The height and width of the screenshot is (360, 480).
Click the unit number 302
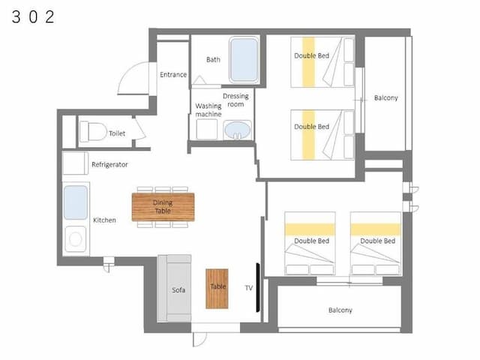pos(33,16)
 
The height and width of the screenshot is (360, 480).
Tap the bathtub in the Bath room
pos(244,60)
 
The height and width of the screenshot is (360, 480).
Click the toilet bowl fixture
pos(93,132)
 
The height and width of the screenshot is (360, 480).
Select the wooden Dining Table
pos(163,207)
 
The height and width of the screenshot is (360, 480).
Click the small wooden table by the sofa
pos(217,289)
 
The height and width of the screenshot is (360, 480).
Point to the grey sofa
pos(175,288)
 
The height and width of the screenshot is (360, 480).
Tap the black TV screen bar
pos(258,287)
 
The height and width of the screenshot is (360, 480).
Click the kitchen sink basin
pos(76,202)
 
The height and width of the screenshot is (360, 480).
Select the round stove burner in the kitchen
pos(75,239)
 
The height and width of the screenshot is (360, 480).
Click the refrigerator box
pos(75,163)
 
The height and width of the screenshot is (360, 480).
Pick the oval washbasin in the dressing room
pos(238,130)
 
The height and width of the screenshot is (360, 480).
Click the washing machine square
pos(207,129)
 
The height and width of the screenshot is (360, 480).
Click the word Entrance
pos(173,75)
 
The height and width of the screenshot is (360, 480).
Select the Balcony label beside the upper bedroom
pos(386,98)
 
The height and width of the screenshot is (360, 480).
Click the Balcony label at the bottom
pos(340,310)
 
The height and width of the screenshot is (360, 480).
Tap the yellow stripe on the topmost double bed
pos(308,62)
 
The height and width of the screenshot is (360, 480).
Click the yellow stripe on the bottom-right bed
pos(376,229)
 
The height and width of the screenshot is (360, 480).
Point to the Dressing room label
pos(235,100)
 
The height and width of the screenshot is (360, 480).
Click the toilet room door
pos(139,128)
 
